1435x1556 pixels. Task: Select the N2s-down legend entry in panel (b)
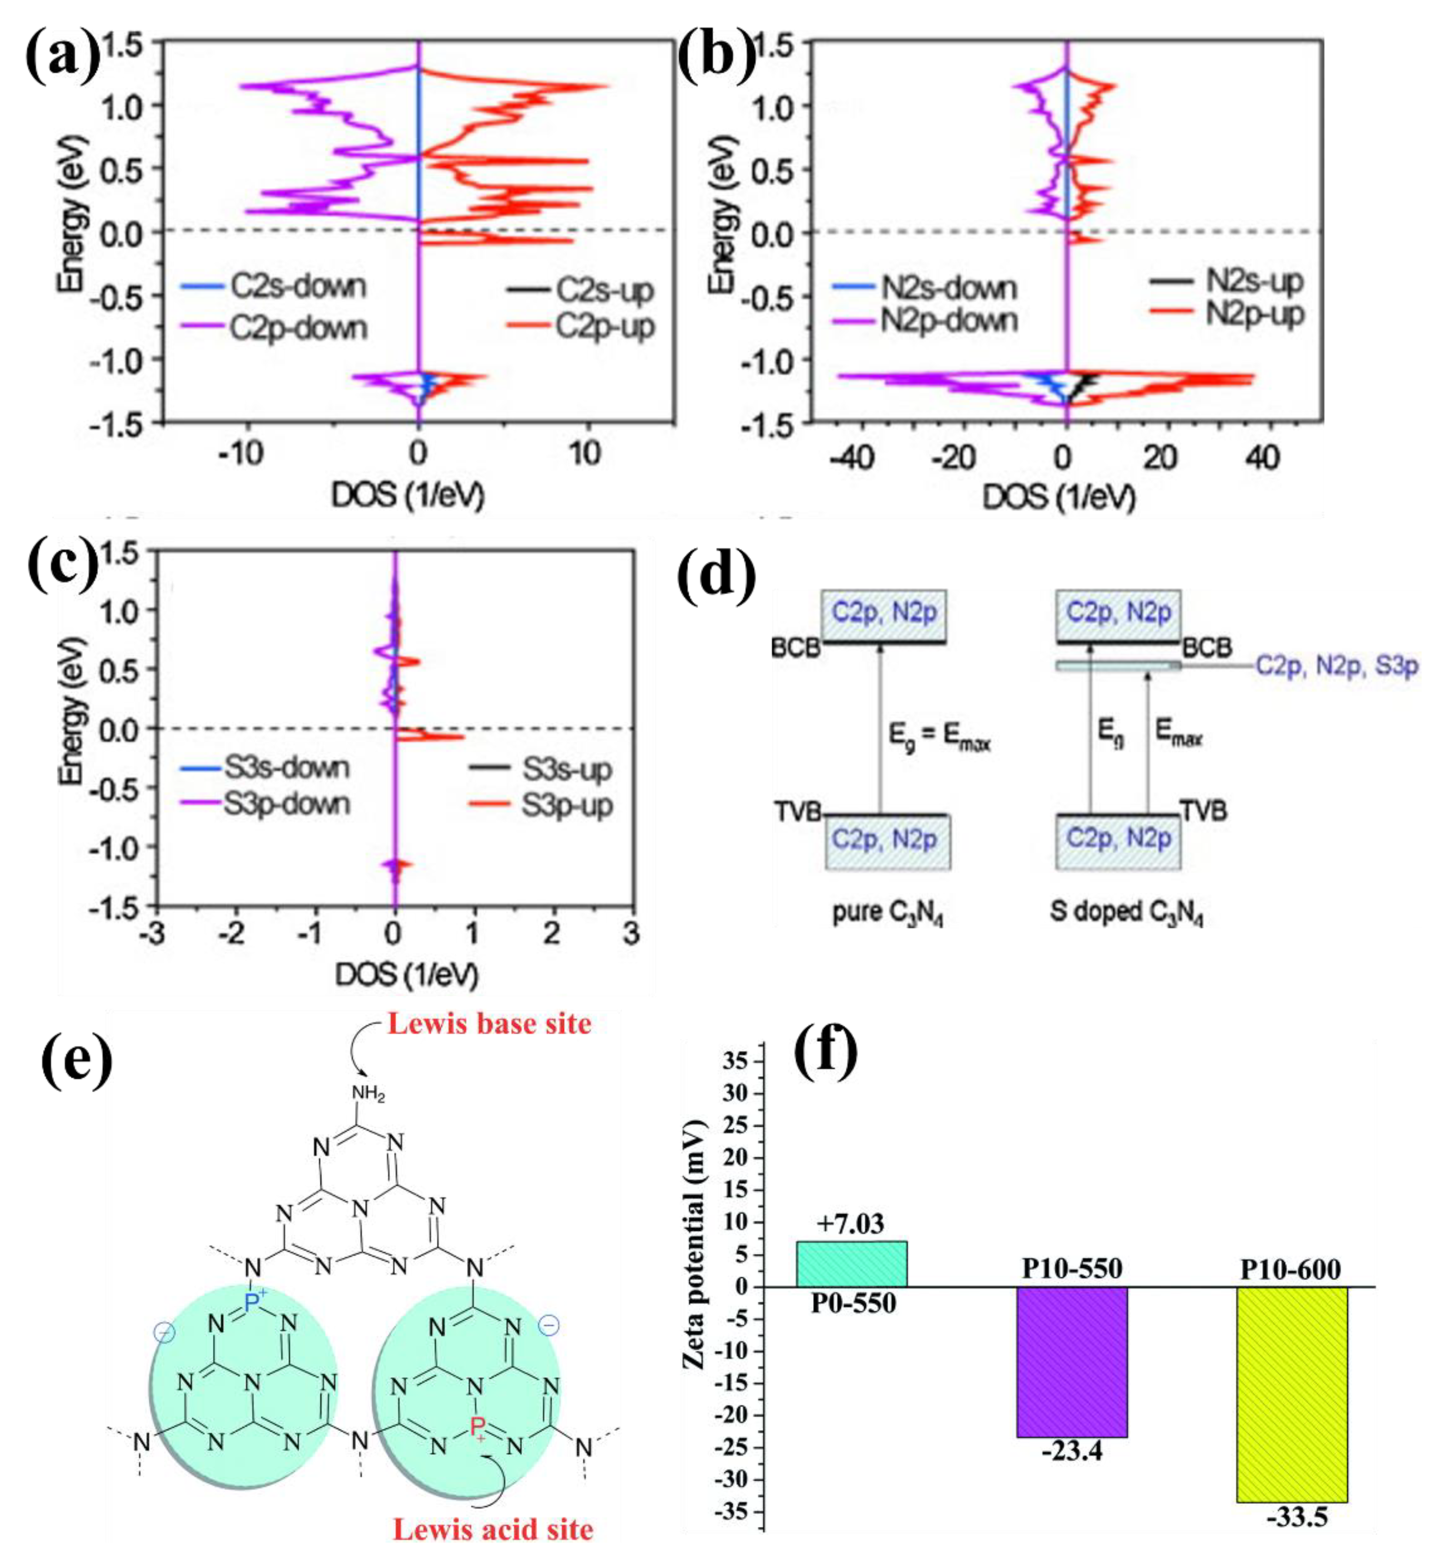click(x=947, y=288)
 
